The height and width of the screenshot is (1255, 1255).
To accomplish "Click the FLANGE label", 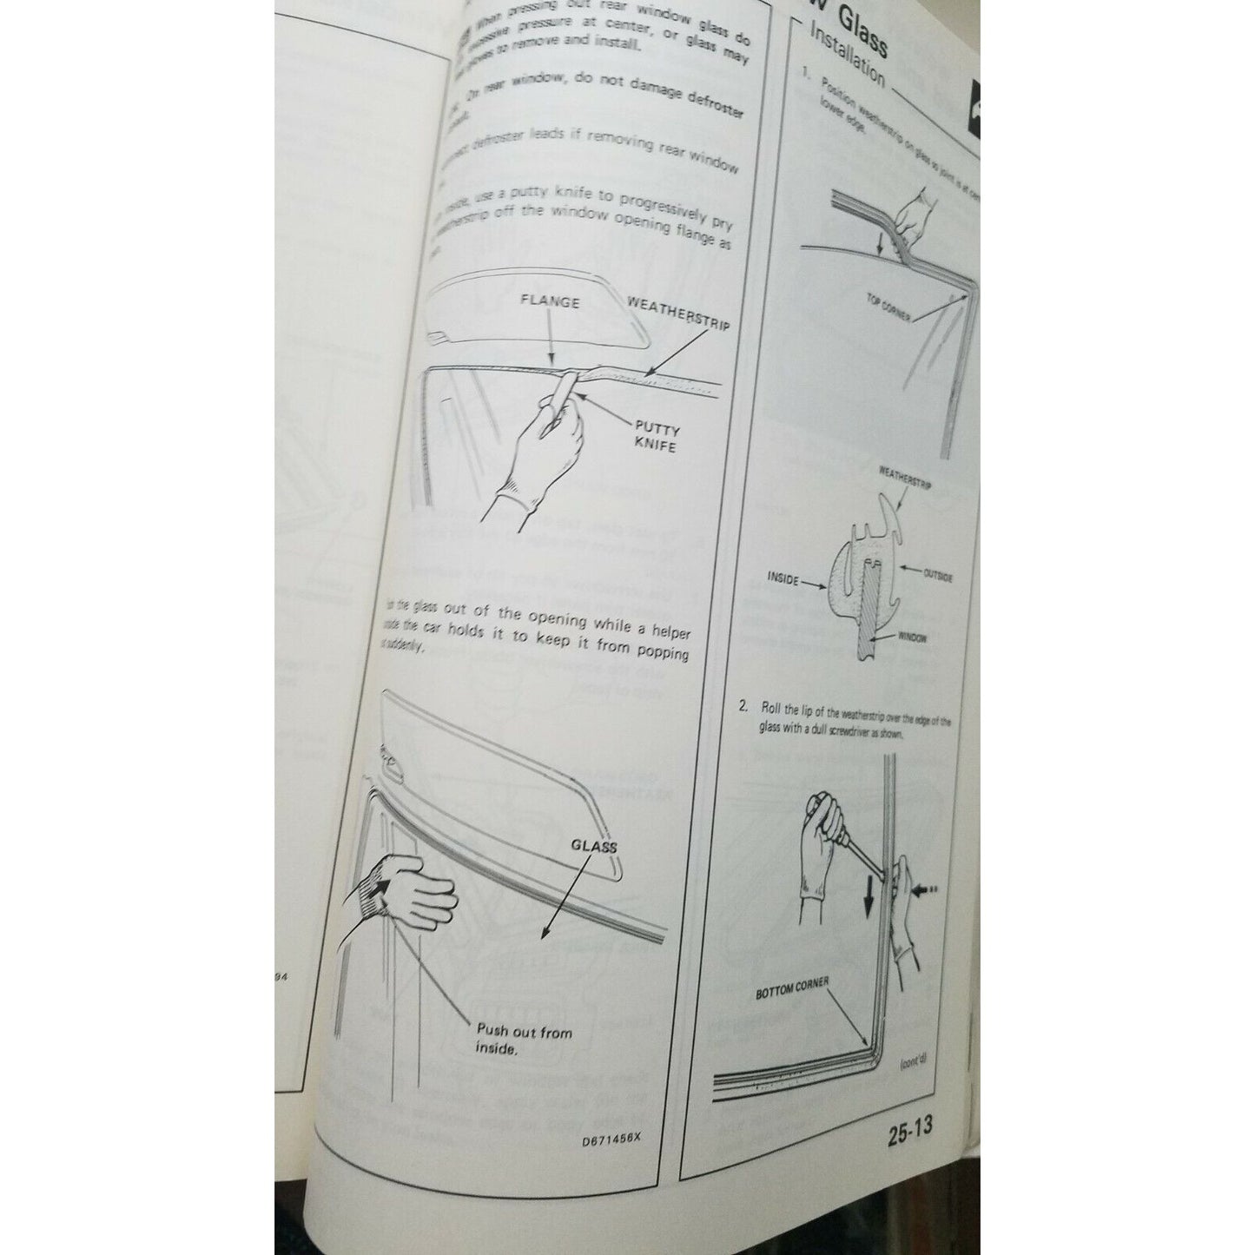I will pos(551,303).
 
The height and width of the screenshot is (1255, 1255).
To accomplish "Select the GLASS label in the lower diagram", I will pos(594,846).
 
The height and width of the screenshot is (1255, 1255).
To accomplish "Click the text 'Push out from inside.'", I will pos(524,1040).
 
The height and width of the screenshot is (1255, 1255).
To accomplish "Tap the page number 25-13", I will pos(910,1130).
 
